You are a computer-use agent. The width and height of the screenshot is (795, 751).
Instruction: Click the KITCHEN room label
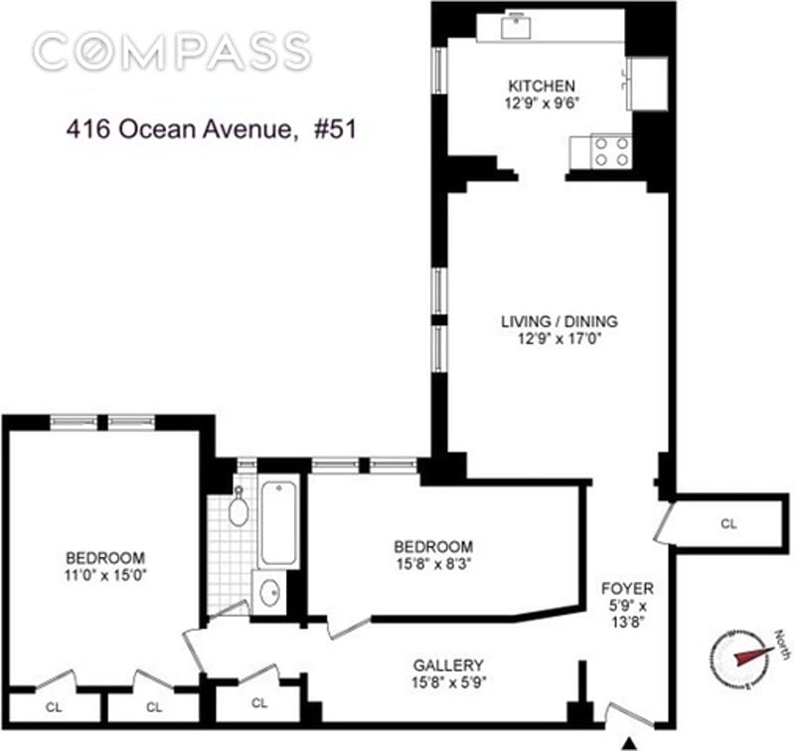tap(542, 86)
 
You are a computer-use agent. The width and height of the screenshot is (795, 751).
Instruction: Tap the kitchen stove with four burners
tap(611, 152)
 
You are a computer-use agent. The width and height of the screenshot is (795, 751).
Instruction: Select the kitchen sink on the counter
tap(516, 27)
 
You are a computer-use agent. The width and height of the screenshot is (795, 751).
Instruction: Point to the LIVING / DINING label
tap(559, 321)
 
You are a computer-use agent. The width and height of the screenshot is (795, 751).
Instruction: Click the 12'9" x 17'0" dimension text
tap(559, 338)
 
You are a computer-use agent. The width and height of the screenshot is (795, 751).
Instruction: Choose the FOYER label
tap(627, 589)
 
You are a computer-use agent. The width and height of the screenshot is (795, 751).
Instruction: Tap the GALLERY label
tap(448, 664)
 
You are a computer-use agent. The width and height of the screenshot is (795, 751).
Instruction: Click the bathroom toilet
tap(238, 506)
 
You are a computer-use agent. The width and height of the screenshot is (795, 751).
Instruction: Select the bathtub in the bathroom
tap(278, 522)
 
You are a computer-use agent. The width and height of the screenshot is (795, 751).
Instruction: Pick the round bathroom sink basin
tap(269, 592)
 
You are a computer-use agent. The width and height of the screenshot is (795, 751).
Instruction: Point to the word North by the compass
tap(783, 645)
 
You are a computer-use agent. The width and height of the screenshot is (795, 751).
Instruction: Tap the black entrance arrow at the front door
tap(629, 743)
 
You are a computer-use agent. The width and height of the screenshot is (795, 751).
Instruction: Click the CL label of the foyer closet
tap(728, 523)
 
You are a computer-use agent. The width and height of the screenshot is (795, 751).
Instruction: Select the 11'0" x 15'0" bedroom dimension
tap(105, 575)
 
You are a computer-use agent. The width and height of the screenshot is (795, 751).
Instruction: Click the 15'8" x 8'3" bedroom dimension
tap(434, 564)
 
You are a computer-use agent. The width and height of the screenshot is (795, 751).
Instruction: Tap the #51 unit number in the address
tap(336, 129)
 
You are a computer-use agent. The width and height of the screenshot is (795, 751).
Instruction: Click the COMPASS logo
tap(172, 52)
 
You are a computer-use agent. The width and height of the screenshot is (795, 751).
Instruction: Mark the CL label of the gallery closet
tap(259, 703)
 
